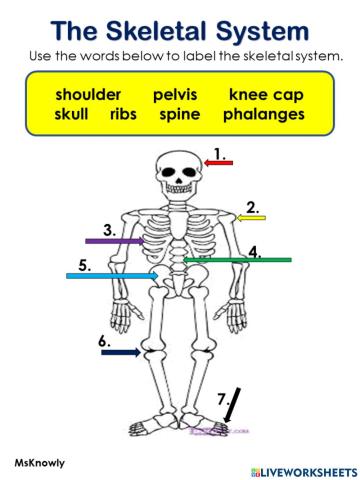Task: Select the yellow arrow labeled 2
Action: [251, 216]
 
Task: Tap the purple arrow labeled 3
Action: [115, 241]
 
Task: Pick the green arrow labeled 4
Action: [237, 260]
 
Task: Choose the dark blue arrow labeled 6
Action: [121, 352]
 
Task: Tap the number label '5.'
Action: [85, 265]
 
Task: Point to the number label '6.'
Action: [105, 341]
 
